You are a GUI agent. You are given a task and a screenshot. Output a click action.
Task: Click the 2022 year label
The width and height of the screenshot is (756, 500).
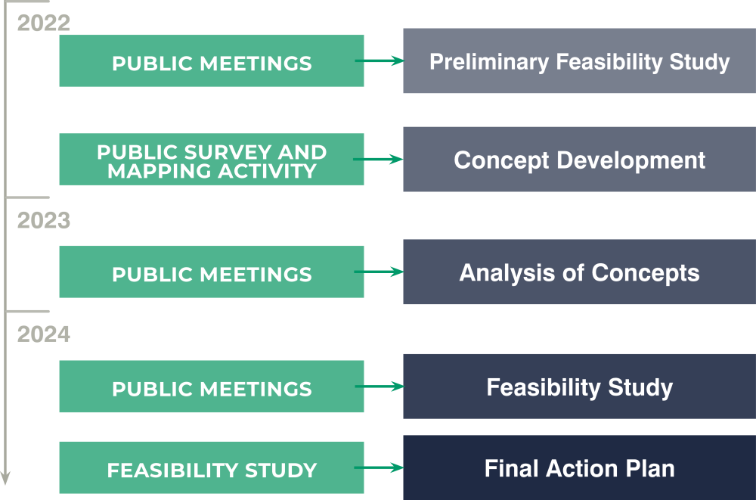click(44, 23)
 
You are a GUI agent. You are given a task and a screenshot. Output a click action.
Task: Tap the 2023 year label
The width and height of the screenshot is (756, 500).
click(44, 221)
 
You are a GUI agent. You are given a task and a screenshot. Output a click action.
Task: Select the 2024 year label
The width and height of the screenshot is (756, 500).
click(44, 334)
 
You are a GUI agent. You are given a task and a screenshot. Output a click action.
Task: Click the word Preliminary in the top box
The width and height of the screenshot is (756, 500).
click(489, 62)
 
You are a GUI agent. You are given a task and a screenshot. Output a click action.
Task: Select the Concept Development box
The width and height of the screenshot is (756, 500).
click(580, 160)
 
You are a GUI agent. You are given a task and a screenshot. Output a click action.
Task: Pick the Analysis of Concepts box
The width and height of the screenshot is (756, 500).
click(580, 272)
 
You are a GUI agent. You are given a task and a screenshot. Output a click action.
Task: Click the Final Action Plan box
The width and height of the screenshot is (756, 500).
click(580, 467)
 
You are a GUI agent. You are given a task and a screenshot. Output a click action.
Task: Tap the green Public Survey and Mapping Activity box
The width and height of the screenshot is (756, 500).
click(212, 160)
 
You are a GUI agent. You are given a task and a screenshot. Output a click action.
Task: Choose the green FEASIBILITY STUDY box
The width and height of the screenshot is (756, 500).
click(212, 467)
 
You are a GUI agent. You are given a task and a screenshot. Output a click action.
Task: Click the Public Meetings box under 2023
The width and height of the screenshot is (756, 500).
click(212, 272)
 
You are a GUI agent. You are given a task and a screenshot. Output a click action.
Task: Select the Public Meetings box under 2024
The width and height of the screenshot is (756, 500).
click(212, 386)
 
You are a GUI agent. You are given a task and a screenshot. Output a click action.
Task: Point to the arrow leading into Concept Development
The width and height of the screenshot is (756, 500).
click(379, 160)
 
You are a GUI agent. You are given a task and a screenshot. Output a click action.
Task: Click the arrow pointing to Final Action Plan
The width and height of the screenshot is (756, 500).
click(379, 467)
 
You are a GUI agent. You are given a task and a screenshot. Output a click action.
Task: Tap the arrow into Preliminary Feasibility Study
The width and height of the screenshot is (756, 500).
click(380, 61)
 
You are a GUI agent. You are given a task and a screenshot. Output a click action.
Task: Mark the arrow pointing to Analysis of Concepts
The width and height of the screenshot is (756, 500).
click(379, 272)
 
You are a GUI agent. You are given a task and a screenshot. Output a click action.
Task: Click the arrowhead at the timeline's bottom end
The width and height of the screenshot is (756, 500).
click(5, 478)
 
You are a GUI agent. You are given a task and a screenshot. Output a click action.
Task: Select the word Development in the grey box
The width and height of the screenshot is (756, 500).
click(631, 160)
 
